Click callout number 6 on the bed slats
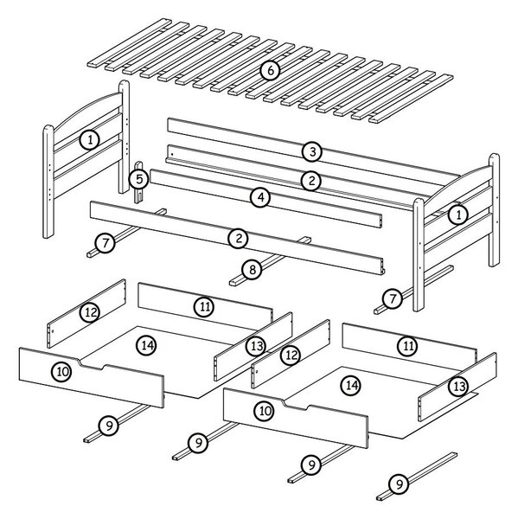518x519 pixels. [270, 71]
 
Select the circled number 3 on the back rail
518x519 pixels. [312, 151]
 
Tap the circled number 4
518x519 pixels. [260, 197]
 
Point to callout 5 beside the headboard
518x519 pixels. [138, 179]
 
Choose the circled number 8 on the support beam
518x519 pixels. [253, 270]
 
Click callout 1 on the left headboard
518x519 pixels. [90, 139]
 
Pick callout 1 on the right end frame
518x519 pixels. [458, 215]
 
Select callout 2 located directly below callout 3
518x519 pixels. [311, 181]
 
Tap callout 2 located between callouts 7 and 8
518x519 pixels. [239, 239]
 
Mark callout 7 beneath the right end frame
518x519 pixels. [393, 299]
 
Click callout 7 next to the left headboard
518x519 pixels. [105, 243]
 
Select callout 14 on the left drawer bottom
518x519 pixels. [146, 345]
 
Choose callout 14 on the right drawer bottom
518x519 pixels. [351, 385]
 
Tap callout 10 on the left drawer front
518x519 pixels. [62, 372]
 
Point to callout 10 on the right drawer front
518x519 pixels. [265, 411]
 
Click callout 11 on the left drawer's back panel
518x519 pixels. [204, 307]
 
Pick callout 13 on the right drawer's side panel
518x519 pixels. [458, 387]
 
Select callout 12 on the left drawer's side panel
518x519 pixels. [90, 312]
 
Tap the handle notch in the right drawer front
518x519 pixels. [297, 405]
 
